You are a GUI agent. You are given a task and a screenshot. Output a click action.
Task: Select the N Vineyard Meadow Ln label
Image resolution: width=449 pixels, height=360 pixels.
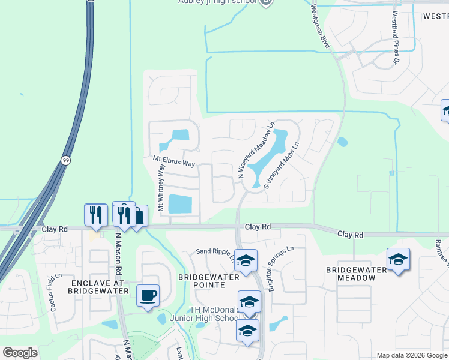(x=256, y=151)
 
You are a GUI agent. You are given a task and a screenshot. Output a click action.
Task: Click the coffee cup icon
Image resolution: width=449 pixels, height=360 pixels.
(x=148, y=295)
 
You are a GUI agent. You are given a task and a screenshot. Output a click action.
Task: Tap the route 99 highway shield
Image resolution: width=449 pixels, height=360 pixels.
(x=65, y=160)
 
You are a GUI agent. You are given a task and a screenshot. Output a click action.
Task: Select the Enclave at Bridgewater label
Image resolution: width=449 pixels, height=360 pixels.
(x=99, y=286)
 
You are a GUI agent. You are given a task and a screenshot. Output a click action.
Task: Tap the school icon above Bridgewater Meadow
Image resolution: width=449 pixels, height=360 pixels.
(x=398, y=259)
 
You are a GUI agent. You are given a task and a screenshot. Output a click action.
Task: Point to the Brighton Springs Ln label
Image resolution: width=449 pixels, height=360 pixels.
(x=280, y=268)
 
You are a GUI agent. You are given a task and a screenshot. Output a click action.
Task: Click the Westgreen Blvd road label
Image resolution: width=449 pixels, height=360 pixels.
(x=321, y=27)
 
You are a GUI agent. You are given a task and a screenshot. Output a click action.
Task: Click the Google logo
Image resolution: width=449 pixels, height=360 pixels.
(x=20, y=353)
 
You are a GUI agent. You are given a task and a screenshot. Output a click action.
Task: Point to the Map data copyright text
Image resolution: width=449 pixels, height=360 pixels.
(x=412, y=355)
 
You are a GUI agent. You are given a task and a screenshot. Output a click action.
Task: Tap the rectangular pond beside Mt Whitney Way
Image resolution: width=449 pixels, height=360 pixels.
(x=180, y=204)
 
